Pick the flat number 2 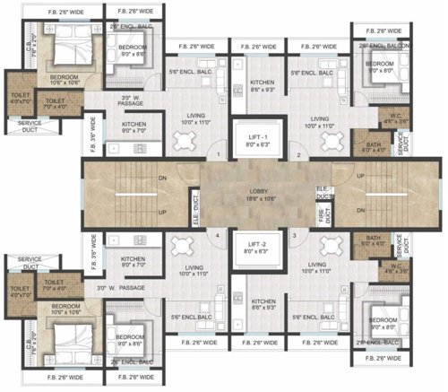pyautogui.click(x=299, y=155)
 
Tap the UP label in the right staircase pyautogui.click(x=362, y=177)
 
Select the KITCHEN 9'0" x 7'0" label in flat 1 pyautogui.click(x=134, y=127)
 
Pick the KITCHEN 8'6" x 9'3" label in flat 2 pyautogui.click(x=263, y=85)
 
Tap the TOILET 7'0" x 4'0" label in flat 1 pyautogui.click(x=56, y=104)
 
